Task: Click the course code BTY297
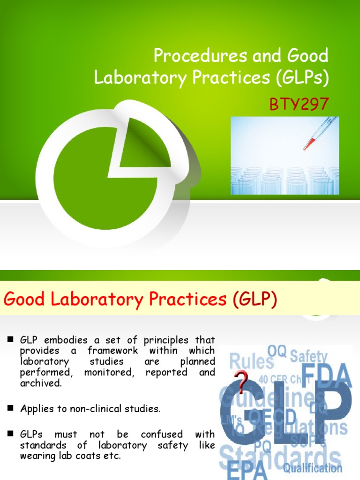tap(299, 104)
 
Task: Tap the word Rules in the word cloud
tap(251, 361)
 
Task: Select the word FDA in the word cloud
tap(327, 375)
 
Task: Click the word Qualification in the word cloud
tap(312, 468)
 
